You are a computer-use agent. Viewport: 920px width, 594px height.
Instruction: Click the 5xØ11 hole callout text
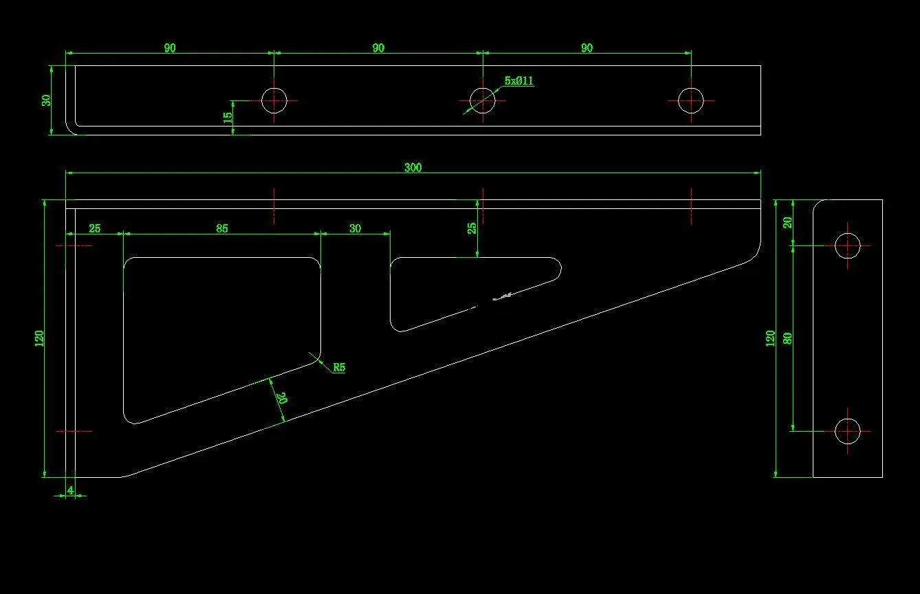[x=519, y=81]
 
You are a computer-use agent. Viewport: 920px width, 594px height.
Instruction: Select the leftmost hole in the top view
[x=274, y=100]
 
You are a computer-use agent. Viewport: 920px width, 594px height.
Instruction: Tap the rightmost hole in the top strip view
[x=691, y=100]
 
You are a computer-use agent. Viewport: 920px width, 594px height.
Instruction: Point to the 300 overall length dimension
[x=413, y=168]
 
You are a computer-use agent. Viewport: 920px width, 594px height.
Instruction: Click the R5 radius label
[x=338, y=367]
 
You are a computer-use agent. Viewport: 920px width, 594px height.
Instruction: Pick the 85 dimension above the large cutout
[x=221, y=228]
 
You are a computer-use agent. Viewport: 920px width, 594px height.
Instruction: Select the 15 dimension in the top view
[x=228, y=118]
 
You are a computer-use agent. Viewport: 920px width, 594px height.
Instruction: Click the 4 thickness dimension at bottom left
[x=70, y=490]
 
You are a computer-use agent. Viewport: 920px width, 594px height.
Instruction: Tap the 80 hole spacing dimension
[x=788, y=338]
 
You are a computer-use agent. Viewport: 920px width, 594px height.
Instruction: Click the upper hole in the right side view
[x=847, y=245]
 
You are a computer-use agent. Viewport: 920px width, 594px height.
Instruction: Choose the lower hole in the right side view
[x=847, y=431]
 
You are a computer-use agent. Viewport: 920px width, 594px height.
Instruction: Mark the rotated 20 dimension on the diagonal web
[x=281, y=398]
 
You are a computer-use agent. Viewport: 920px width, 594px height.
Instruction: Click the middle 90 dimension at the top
[x=378, y=48]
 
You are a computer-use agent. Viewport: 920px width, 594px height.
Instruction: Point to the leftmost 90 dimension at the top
[x=170, y=48]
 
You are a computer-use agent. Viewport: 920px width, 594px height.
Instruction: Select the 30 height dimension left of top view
[x=46, y=100]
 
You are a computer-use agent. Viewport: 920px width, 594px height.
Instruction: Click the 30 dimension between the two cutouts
[x=355, y=228]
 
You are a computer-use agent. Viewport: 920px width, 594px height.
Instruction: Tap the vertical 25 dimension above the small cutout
[x=472, y=228]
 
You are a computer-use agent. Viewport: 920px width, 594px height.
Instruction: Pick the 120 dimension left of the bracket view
[x=39, y=338]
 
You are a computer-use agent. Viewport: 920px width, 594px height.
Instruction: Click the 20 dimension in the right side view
[x=788, y=222]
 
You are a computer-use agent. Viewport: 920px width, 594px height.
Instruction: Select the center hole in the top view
[x=482, y=100]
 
